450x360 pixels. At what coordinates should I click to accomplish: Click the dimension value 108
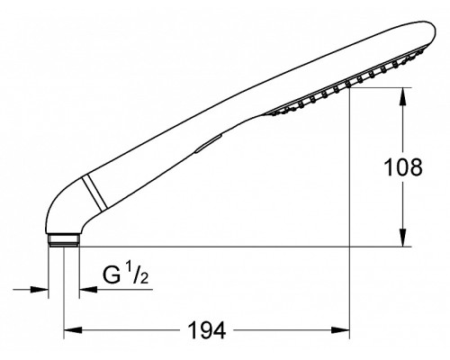click(x=403, y=167)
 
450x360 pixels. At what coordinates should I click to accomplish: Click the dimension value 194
click(x=207, y=330)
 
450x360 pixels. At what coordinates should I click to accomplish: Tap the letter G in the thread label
click(x=112, y=274)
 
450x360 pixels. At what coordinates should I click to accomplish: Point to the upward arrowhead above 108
click(x=403, y=96)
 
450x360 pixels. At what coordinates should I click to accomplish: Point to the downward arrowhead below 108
click(x=403, y=238)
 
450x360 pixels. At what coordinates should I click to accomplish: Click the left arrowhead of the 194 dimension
click(x=73, y=330)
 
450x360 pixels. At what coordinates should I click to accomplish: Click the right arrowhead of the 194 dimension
click(x=340, y=330)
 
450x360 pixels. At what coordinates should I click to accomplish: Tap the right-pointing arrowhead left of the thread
click(x=40, y=290)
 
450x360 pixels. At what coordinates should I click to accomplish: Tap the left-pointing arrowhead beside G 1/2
click(x=88, y=290)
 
